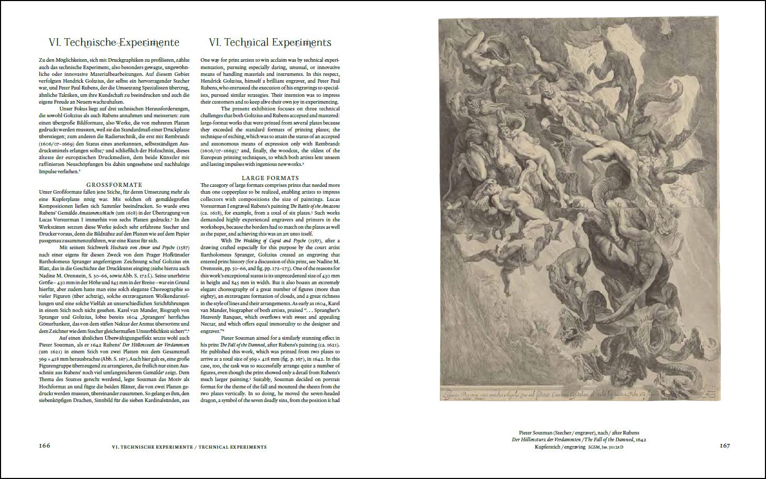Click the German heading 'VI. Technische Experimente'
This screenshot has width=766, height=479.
tap(114, 42)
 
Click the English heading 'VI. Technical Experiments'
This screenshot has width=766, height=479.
tap(270, 42)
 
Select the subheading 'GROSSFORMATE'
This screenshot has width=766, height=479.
tap(114, 185)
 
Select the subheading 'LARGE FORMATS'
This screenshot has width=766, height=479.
tap(270, 178)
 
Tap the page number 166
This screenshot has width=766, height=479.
tap(45, 446)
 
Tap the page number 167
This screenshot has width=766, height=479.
tap(725, 446)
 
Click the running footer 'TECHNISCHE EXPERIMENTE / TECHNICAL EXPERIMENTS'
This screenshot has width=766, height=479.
tap(189, 447)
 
